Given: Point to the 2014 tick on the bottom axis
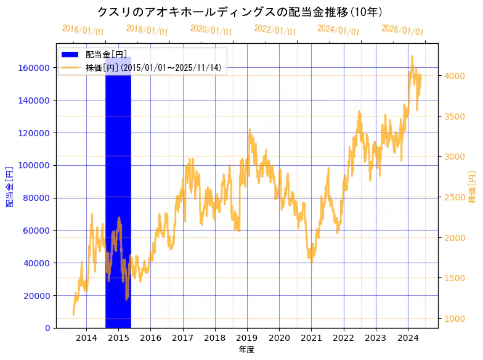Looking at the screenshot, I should [86, 338].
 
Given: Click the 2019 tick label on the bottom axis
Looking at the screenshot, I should [247, 338].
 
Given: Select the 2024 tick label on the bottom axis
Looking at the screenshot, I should [408, 338].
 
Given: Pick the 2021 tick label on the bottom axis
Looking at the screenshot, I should [312, 338].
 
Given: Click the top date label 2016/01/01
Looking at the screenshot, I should [83, 30].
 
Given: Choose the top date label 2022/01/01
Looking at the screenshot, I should [275, 30].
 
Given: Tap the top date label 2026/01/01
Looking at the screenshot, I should [402, 30].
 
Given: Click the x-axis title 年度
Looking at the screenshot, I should [246, 350].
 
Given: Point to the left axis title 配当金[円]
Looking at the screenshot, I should [10, 186].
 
